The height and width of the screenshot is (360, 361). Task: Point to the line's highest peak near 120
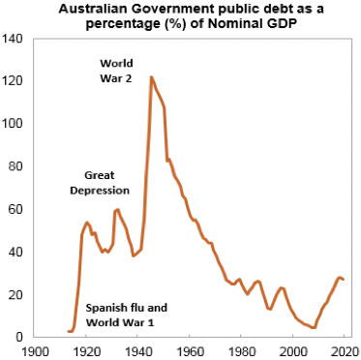151,76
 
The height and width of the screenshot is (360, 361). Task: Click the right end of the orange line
344,280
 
